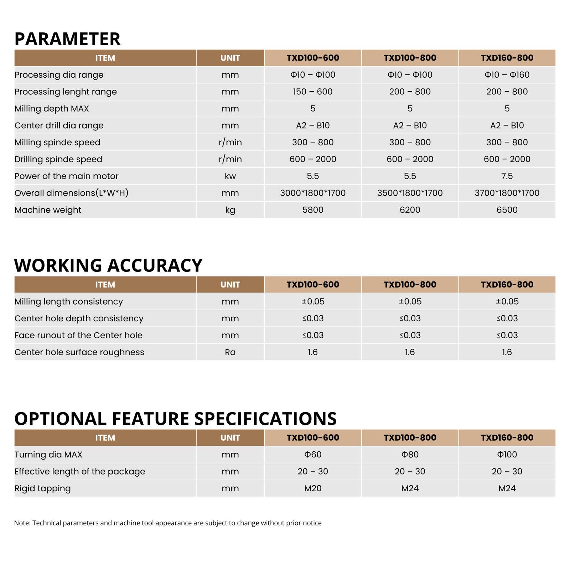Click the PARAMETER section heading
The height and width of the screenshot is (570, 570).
click(67, 39)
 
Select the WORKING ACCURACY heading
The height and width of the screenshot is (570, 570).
click(108, 265)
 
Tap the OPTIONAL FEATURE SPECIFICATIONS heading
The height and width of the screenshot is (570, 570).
click(175, 419)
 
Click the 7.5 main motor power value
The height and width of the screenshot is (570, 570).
click(507, 176)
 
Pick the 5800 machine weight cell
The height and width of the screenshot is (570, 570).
click(313, 210)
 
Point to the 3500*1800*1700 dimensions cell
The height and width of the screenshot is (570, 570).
click(410, 193)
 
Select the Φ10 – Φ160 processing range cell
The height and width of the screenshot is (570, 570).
click(507, 75)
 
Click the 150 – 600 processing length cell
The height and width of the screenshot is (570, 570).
click(313, 92)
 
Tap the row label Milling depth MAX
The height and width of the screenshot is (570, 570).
click(52, 109)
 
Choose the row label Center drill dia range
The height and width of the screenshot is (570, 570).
click(59, 125)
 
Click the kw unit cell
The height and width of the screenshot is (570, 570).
click(230, 176)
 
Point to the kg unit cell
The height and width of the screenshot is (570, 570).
click(230, 210)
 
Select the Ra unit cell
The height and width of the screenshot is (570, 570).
click(230, 352)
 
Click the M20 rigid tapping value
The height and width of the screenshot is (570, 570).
click(313, 488)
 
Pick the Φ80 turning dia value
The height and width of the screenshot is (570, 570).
click(410, 455)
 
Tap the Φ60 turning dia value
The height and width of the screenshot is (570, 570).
click(313, 455)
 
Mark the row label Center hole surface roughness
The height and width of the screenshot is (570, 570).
click(79, 352)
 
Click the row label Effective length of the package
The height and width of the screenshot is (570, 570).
click(80, 472)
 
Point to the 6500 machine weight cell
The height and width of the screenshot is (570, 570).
click(507, 210)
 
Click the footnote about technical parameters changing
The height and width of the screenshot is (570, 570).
click(168, 523)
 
